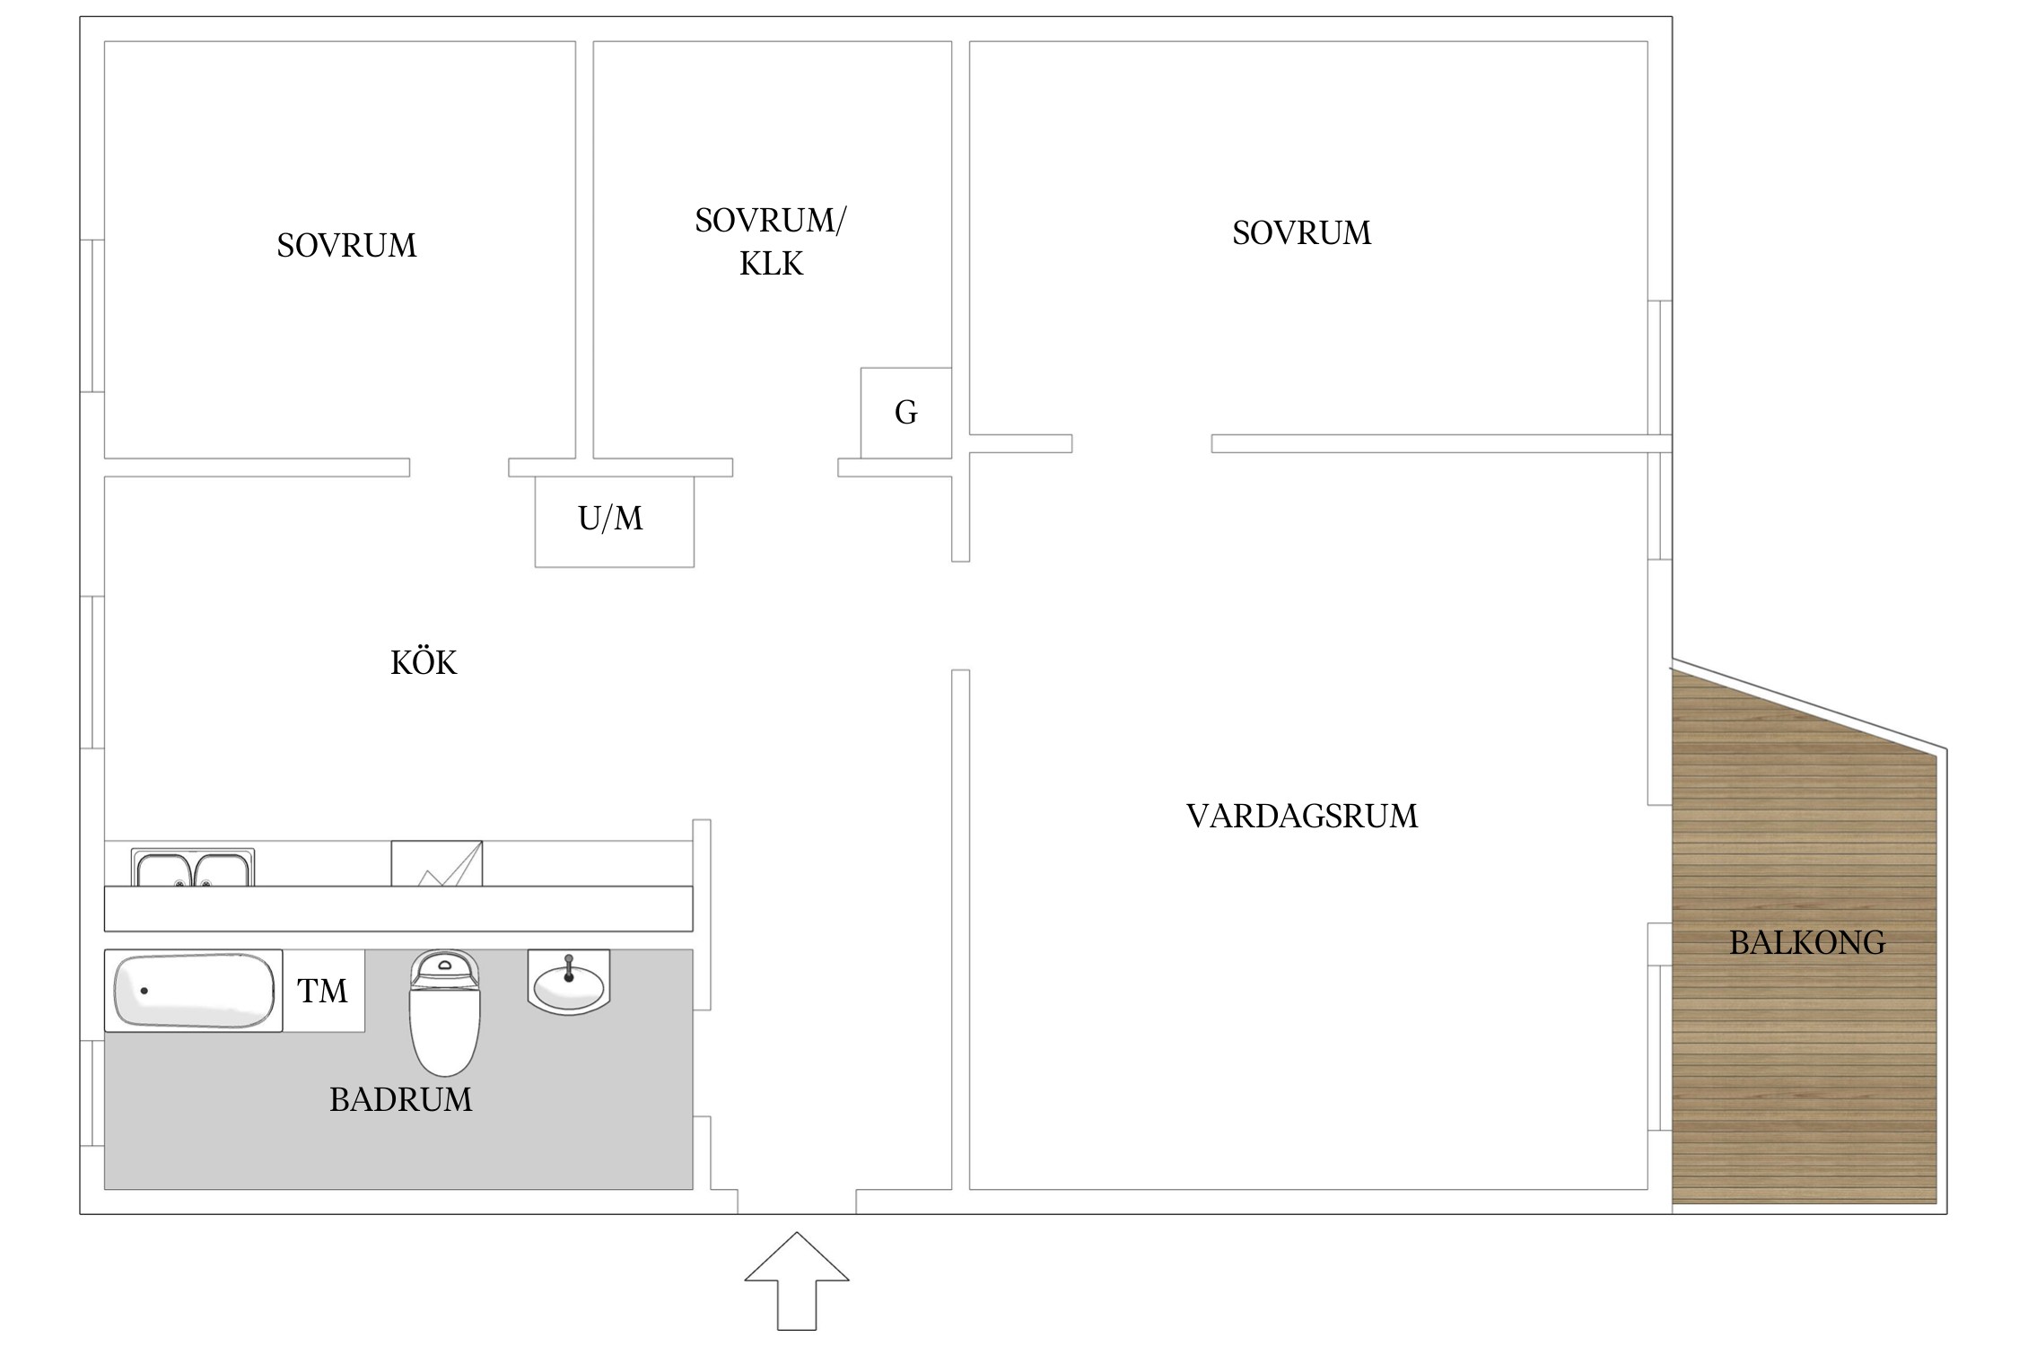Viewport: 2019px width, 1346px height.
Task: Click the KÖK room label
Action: click(424, 663)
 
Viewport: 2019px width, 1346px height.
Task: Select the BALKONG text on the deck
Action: click(1807, 943)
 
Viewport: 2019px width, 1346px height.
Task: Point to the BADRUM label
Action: click(400, 1100)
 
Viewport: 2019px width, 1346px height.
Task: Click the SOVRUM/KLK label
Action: click(771, 241)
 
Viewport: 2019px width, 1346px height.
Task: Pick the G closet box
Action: click(905, 413)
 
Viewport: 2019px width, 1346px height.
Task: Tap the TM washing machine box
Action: click(323, 991)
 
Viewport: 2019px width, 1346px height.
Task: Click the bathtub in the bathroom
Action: click(193, 991)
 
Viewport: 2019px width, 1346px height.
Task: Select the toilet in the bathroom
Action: click(444, 1014)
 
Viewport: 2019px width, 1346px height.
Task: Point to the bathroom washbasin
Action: click(569, 983)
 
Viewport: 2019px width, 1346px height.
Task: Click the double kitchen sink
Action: click(192, 869)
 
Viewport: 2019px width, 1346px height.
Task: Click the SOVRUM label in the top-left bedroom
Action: click(346, 246)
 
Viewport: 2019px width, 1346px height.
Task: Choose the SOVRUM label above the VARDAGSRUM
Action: click(1301, 233)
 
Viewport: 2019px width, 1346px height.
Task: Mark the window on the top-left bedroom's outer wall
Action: click(92, 316)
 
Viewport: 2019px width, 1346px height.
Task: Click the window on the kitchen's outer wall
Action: click(92, 672)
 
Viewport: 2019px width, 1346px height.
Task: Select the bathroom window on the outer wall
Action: click(92, 1092)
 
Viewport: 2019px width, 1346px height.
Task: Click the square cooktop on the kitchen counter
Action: click(436, 863)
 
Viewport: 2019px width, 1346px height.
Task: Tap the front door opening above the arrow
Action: click(796, 1202)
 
